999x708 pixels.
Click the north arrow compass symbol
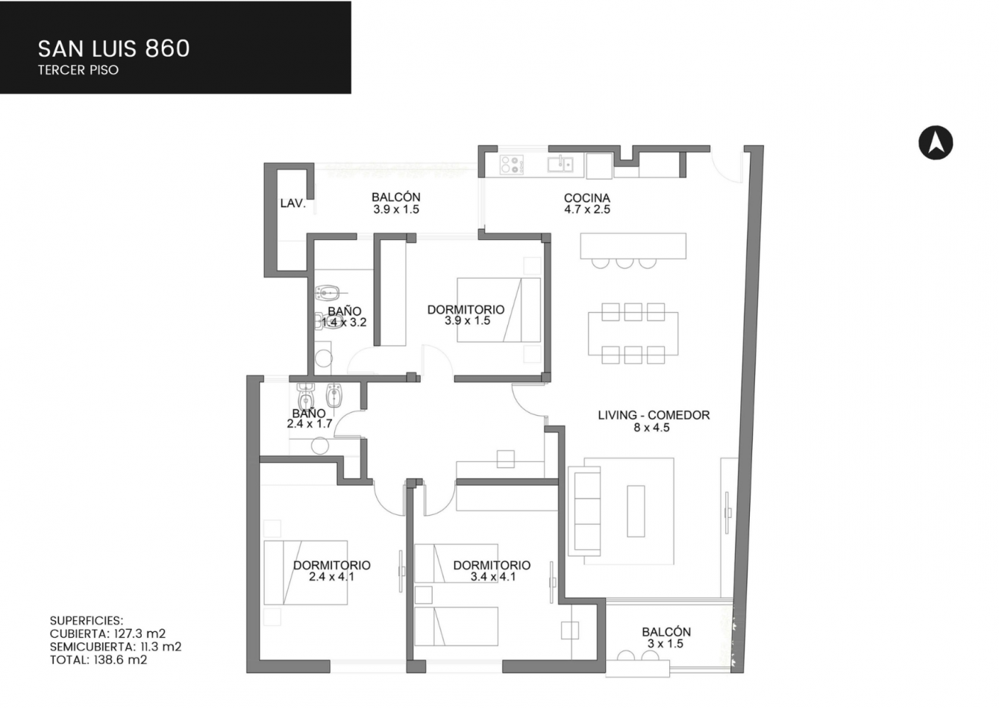(936, 143)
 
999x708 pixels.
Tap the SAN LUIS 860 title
(113, 48)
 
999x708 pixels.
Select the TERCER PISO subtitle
(78, 70)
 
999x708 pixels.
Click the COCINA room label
(587, 197)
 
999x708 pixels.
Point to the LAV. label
(293, 203)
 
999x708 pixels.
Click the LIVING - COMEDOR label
(654, 415)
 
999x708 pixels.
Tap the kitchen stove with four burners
(512, 164)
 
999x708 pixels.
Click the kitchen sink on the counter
(560, 163)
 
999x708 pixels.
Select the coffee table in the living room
(636, 511)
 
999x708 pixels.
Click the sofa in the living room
(584, 511)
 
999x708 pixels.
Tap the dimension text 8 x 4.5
(651, 428)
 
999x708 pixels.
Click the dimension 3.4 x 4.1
(493, 577)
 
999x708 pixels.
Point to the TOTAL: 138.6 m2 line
(98, 660)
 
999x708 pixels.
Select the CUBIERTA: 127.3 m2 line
(107, 633)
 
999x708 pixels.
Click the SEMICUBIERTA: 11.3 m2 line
(116, 646)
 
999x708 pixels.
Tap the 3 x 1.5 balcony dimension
(666, 643)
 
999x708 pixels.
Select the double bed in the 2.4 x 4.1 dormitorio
(305, 572)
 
